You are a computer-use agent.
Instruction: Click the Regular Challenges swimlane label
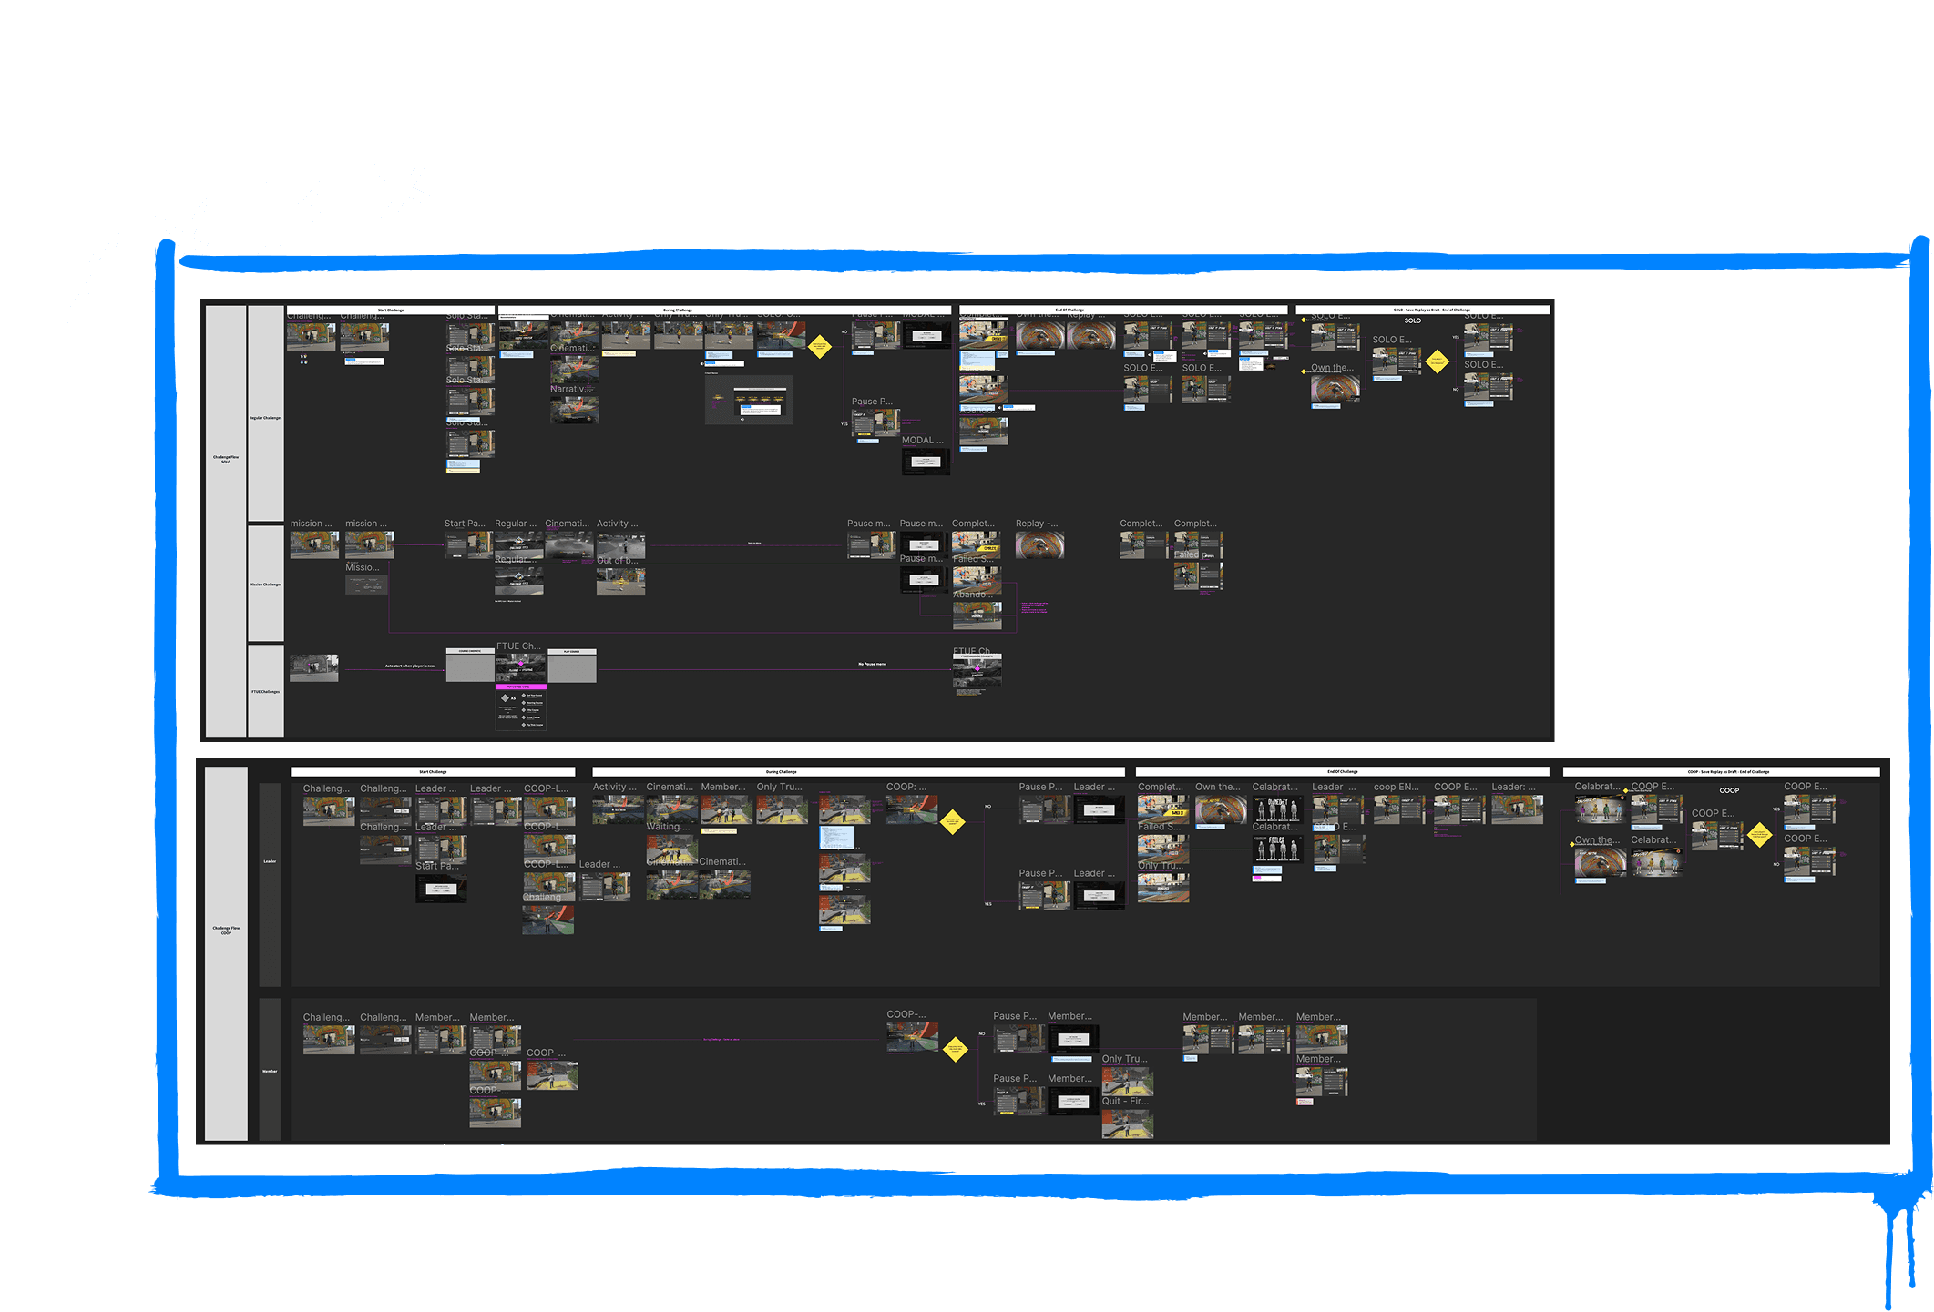tap(265, 418)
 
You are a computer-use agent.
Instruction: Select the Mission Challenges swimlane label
tap(265, 585)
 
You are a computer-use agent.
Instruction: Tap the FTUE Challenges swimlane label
tap(265, 692)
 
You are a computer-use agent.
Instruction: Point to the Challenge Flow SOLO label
tap(226, 460)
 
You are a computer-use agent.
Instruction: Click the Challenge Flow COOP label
tap(226, 931)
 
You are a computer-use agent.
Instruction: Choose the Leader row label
tap(270, 861)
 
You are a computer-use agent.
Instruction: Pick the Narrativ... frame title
tap(571, 389)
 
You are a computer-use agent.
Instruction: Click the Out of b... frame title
tap(617, 561)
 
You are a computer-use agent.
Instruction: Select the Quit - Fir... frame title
tap(1125, 1101)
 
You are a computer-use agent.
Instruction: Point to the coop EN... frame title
tap(1396, 787)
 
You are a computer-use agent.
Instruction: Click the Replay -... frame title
tap(1037, 524)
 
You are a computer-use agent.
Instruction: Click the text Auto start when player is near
tap(410, 666)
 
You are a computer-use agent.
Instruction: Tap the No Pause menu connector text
tap(872, 665)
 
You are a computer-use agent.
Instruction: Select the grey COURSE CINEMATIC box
tap(470, 666)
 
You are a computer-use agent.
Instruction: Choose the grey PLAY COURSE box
tap(572, 666)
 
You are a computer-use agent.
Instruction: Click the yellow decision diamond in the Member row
tap(955, 1050)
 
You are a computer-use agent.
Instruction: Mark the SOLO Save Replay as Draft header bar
tap(1422, 310)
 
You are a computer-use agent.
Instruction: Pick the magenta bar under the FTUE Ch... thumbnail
tap(520, 687)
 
